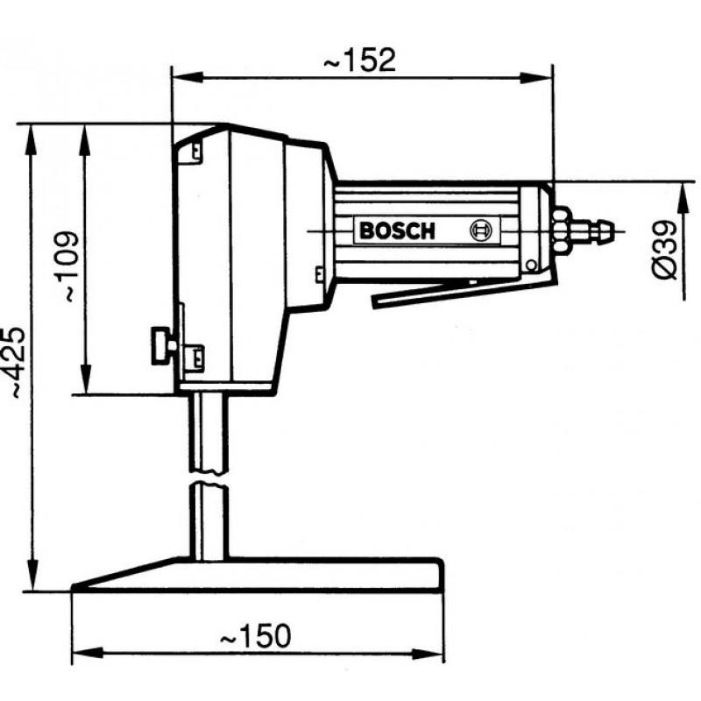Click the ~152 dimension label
359,60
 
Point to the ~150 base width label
255,636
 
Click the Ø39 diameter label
665,250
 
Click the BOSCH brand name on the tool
397,231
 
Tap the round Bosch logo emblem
480,230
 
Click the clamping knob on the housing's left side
163,345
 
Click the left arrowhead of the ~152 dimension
188,78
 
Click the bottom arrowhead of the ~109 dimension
85,379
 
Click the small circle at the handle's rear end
531,266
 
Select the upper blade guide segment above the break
209,433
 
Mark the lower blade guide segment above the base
209,521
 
